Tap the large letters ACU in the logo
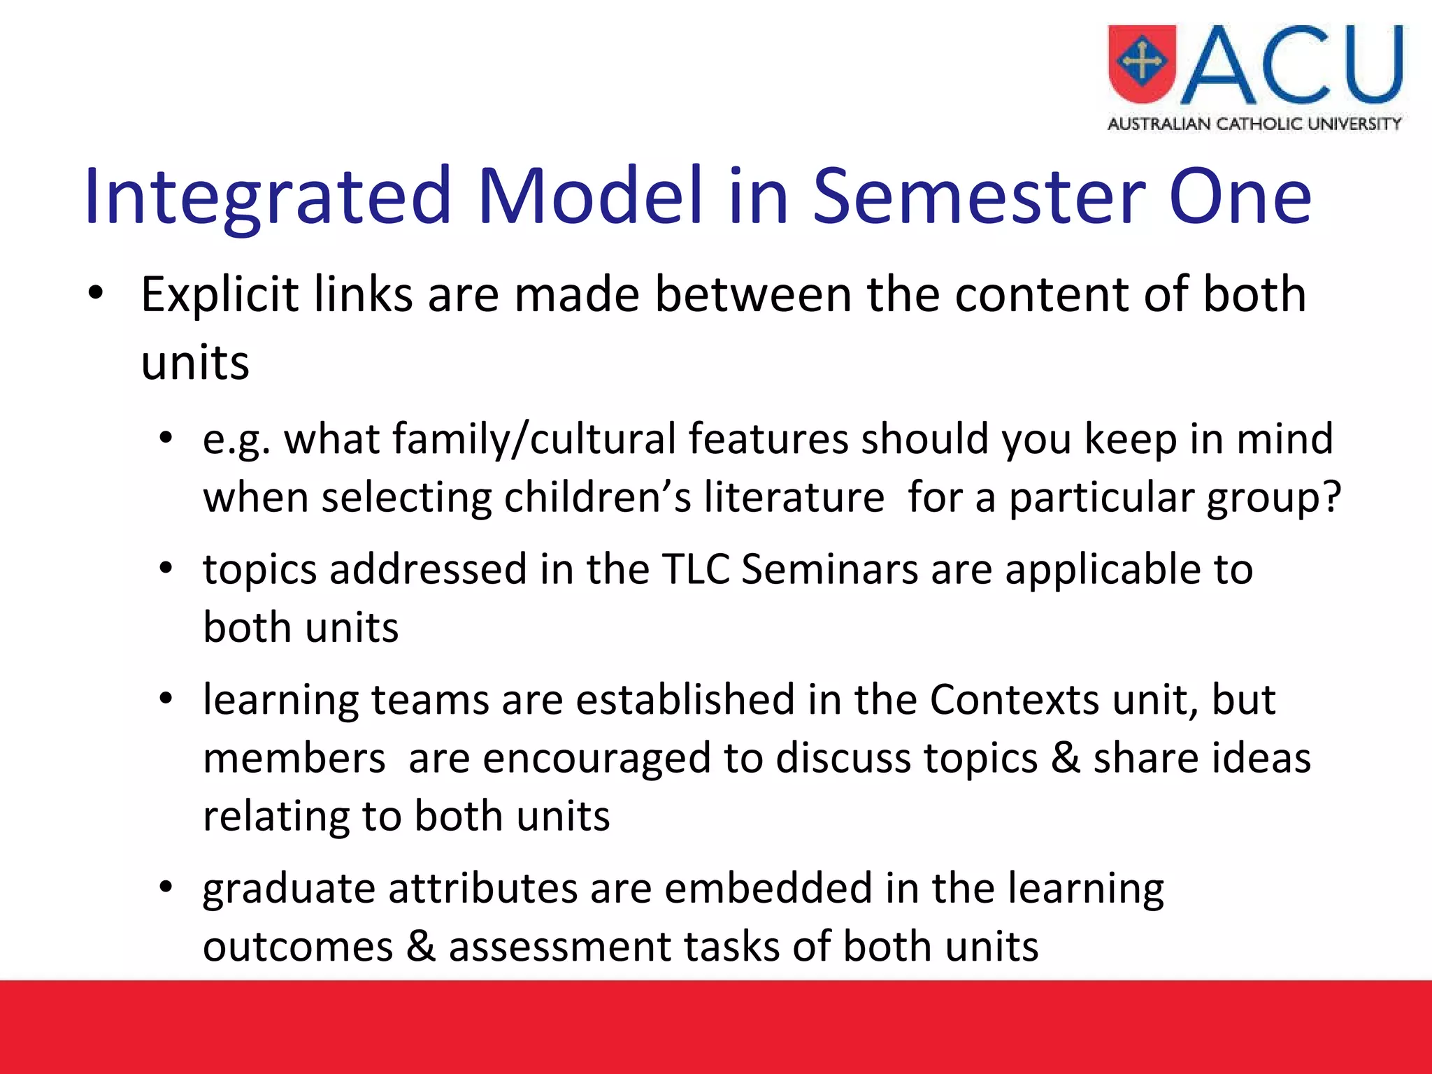(1292, 66)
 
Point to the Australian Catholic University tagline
(1254, 124)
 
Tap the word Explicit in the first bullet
(220, 295)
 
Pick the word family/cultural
(534, 440)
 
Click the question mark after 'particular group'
(1331, 498)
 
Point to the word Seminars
(829, 569)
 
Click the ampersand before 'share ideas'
(1066, 758)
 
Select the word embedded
(768, 889)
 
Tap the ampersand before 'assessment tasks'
(421, 947)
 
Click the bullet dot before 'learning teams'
(166, 699)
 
